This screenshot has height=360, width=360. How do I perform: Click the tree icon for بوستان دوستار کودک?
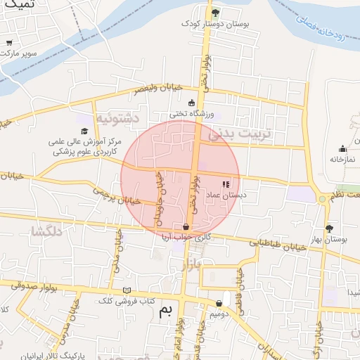[216, 12]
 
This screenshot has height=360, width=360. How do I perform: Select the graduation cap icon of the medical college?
[84, 131]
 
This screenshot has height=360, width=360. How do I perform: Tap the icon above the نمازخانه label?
[342, 149]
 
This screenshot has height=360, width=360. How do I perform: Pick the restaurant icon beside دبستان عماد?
[226, 184]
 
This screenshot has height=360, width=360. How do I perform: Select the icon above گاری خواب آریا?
[186, 226]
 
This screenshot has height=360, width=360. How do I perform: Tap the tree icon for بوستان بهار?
[328, 228]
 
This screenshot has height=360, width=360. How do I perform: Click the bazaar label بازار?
[191, 265]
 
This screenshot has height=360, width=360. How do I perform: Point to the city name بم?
[165, 309]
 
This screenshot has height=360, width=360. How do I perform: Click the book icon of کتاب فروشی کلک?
[127, 290]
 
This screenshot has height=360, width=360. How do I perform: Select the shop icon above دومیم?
[219, 303]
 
